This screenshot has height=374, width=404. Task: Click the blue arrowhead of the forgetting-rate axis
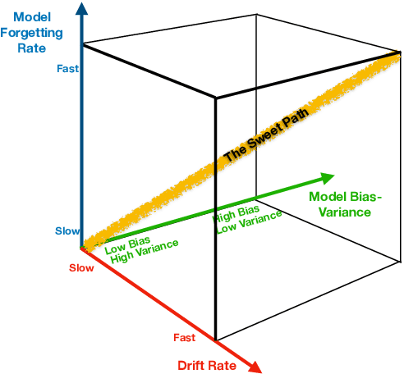80,9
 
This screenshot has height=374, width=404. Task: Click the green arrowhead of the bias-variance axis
327,178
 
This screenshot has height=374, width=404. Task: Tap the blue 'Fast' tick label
67,69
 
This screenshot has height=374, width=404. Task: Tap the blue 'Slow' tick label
67,231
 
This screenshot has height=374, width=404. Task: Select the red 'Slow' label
81,268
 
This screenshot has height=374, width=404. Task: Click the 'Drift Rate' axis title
208,364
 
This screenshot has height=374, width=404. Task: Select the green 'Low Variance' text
249,222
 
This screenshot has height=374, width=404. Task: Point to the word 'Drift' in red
193,364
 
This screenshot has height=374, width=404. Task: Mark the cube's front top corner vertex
216,98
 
